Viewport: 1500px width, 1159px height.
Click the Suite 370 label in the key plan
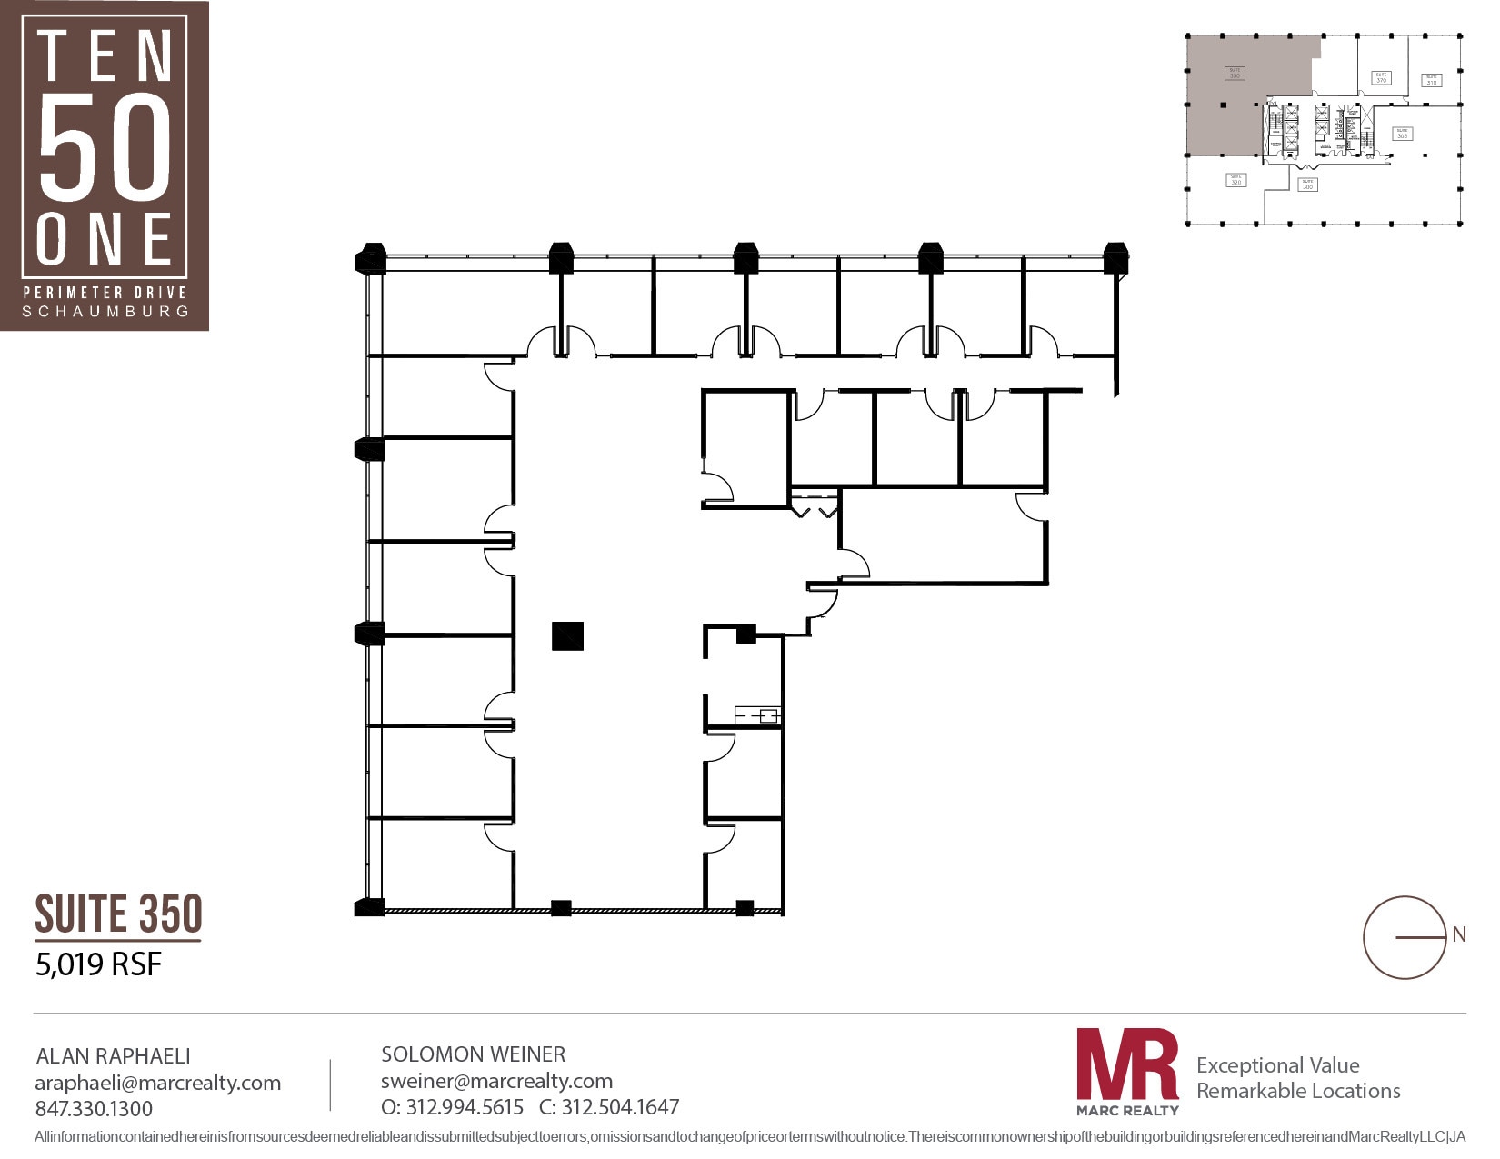click(1381, 78)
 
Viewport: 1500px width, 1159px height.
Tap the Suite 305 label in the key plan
click(1402, 134)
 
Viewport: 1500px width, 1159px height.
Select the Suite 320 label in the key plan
click(1235, 180)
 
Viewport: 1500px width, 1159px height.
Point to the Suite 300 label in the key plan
click(1307, 185)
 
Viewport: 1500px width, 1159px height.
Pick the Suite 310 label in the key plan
click(1431, 80)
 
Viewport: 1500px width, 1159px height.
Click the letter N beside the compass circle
click(1459, 934)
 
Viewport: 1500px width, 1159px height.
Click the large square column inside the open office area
click(567, 635)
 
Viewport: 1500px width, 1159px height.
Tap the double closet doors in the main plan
click(815, 506)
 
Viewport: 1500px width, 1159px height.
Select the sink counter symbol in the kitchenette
click(757, 715)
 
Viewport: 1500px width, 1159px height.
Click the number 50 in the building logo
click(105, 147)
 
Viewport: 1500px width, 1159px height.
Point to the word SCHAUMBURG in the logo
click(105, 311)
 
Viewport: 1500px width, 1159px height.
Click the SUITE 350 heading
click(118, 914)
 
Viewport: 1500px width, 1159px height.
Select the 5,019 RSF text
click(98, 964)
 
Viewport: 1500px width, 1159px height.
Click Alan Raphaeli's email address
click(157, 1083)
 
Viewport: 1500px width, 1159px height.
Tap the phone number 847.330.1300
click(94, 1109)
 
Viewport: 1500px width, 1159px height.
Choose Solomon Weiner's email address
click(496, 1081)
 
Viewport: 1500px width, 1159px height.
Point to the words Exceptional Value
click(1277, 1065)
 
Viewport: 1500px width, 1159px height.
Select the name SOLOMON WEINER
click(473, 1054)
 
